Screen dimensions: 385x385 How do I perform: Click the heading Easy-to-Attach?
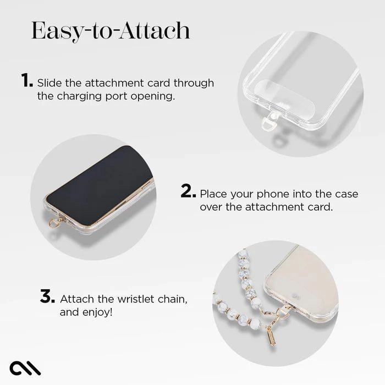tap(111, 31)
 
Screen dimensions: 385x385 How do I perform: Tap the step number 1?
tap(27, 81)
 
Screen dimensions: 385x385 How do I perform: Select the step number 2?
tap(188, 192)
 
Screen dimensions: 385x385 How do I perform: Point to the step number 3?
tap(47, 297)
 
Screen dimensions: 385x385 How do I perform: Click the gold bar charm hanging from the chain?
tap(270, 335)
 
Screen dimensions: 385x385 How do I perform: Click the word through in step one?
tap(193, 83)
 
